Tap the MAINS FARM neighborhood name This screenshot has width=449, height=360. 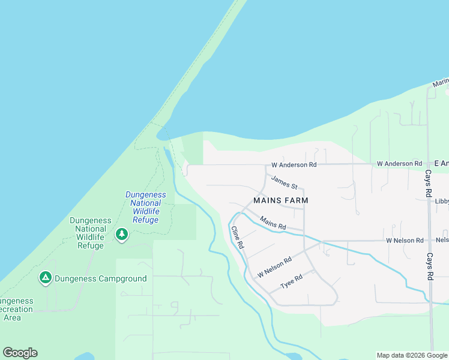[280, 200]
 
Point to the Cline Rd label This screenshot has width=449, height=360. [238, 238]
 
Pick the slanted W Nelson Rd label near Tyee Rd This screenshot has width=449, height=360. [274, 267]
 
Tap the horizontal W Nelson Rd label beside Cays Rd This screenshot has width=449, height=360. [405, 241]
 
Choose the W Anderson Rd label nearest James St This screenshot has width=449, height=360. [294, 164]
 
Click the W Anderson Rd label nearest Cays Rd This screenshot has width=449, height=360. [399, 164]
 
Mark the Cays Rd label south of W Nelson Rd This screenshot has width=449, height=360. [429, 266]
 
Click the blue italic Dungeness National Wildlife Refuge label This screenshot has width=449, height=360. [146, 207]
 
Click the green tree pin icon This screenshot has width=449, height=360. [122, 233]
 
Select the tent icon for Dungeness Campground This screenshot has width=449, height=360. [45, 277]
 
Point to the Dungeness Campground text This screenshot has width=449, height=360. [101, 278]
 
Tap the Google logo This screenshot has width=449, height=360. [20, 353]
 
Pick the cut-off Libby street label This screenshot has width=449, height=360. [442, 202]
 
